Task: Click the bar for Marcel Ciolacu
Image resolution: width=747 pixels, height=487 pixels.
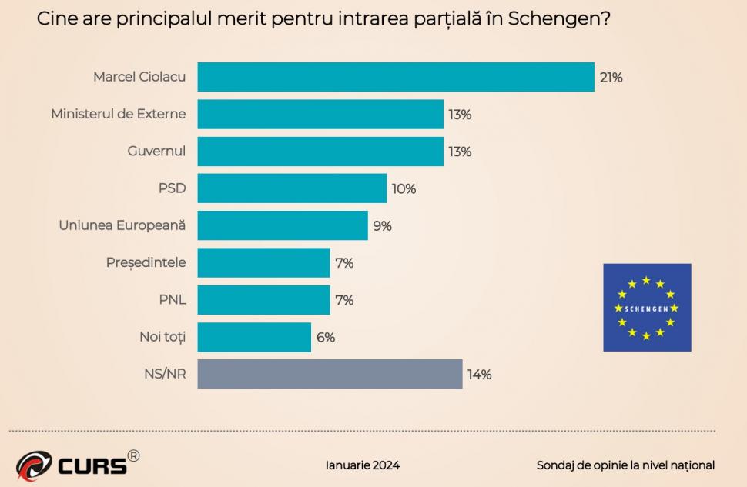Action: [396, 77]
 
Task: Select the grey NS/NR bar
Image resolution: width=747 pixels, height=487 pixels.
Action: [330, 374]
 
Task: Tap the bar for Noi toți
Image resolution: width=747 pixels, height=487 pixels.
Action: [254, 337]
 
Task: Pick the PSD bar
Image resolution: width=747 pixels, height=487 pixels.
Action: [292, 188]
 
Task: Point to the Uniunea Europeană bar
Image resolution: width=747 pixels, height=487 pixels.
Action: [283, 225]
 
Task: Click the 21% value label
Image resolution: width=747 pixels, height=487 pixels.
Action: [611, 78]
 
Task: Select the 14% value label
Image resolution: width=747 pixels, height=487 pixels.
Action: [479, 375]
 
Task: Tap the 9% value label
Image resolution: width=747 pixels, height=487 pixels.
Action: [383, 226]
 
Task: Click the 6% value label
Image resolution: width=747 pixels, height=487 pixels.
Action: [325, 338]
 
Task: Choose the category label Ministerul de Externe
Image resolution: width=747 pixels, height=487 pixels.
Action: [118, 114]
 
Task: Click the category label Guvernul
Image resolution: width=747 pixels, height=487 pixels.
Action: [156, 151]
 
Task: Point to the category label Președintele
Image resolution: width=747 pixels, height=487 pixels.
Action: [146, 262]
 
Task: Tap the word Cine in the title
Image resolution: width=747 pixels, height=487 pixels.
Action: [55, 18]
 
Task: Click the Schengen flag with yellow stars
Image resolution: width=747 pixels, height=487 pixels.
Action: [647, 307]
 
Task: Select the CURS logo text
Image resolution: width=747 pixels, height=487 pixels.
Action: [91, 466]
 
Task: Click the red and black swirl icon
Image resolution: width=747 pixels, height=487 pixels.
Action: [34, 466]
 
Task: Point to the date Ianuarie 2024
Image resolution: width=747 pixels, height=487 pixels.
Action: [363, 465]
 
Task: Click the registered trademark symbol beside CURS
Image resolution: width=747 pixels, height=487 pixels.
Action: [133, 456]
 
